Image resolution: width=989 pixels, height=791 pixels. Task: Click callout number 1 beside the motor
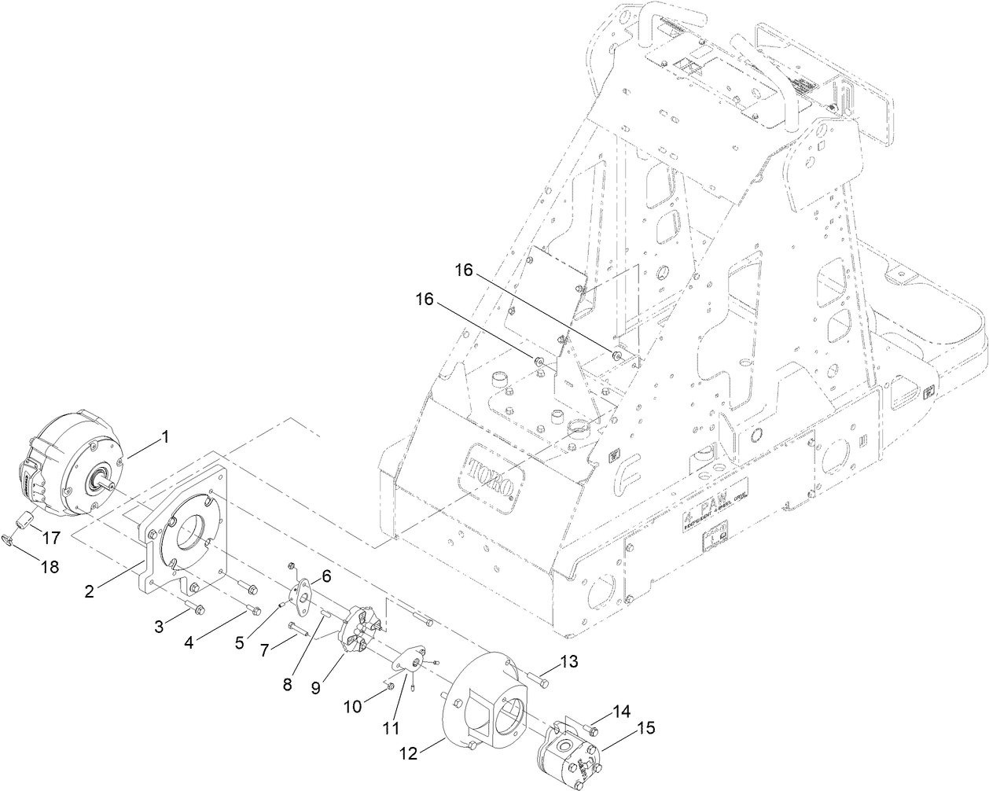pyautogui.click(x=166, y=436)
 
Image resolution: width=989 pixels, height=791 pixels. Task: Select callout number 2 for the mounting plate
pyautogui.click(x=90, y=590)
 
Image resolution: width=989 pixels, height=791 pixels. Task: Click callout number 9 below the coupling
pyautogui.click(x=315, y=686)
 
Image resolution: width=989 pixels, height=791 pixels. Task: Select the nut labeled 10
pyautogui.click(x=391, y=688)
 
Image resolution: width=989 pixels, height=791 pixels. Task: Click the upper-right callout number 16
pyautogui.click(x=464, y=270)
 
